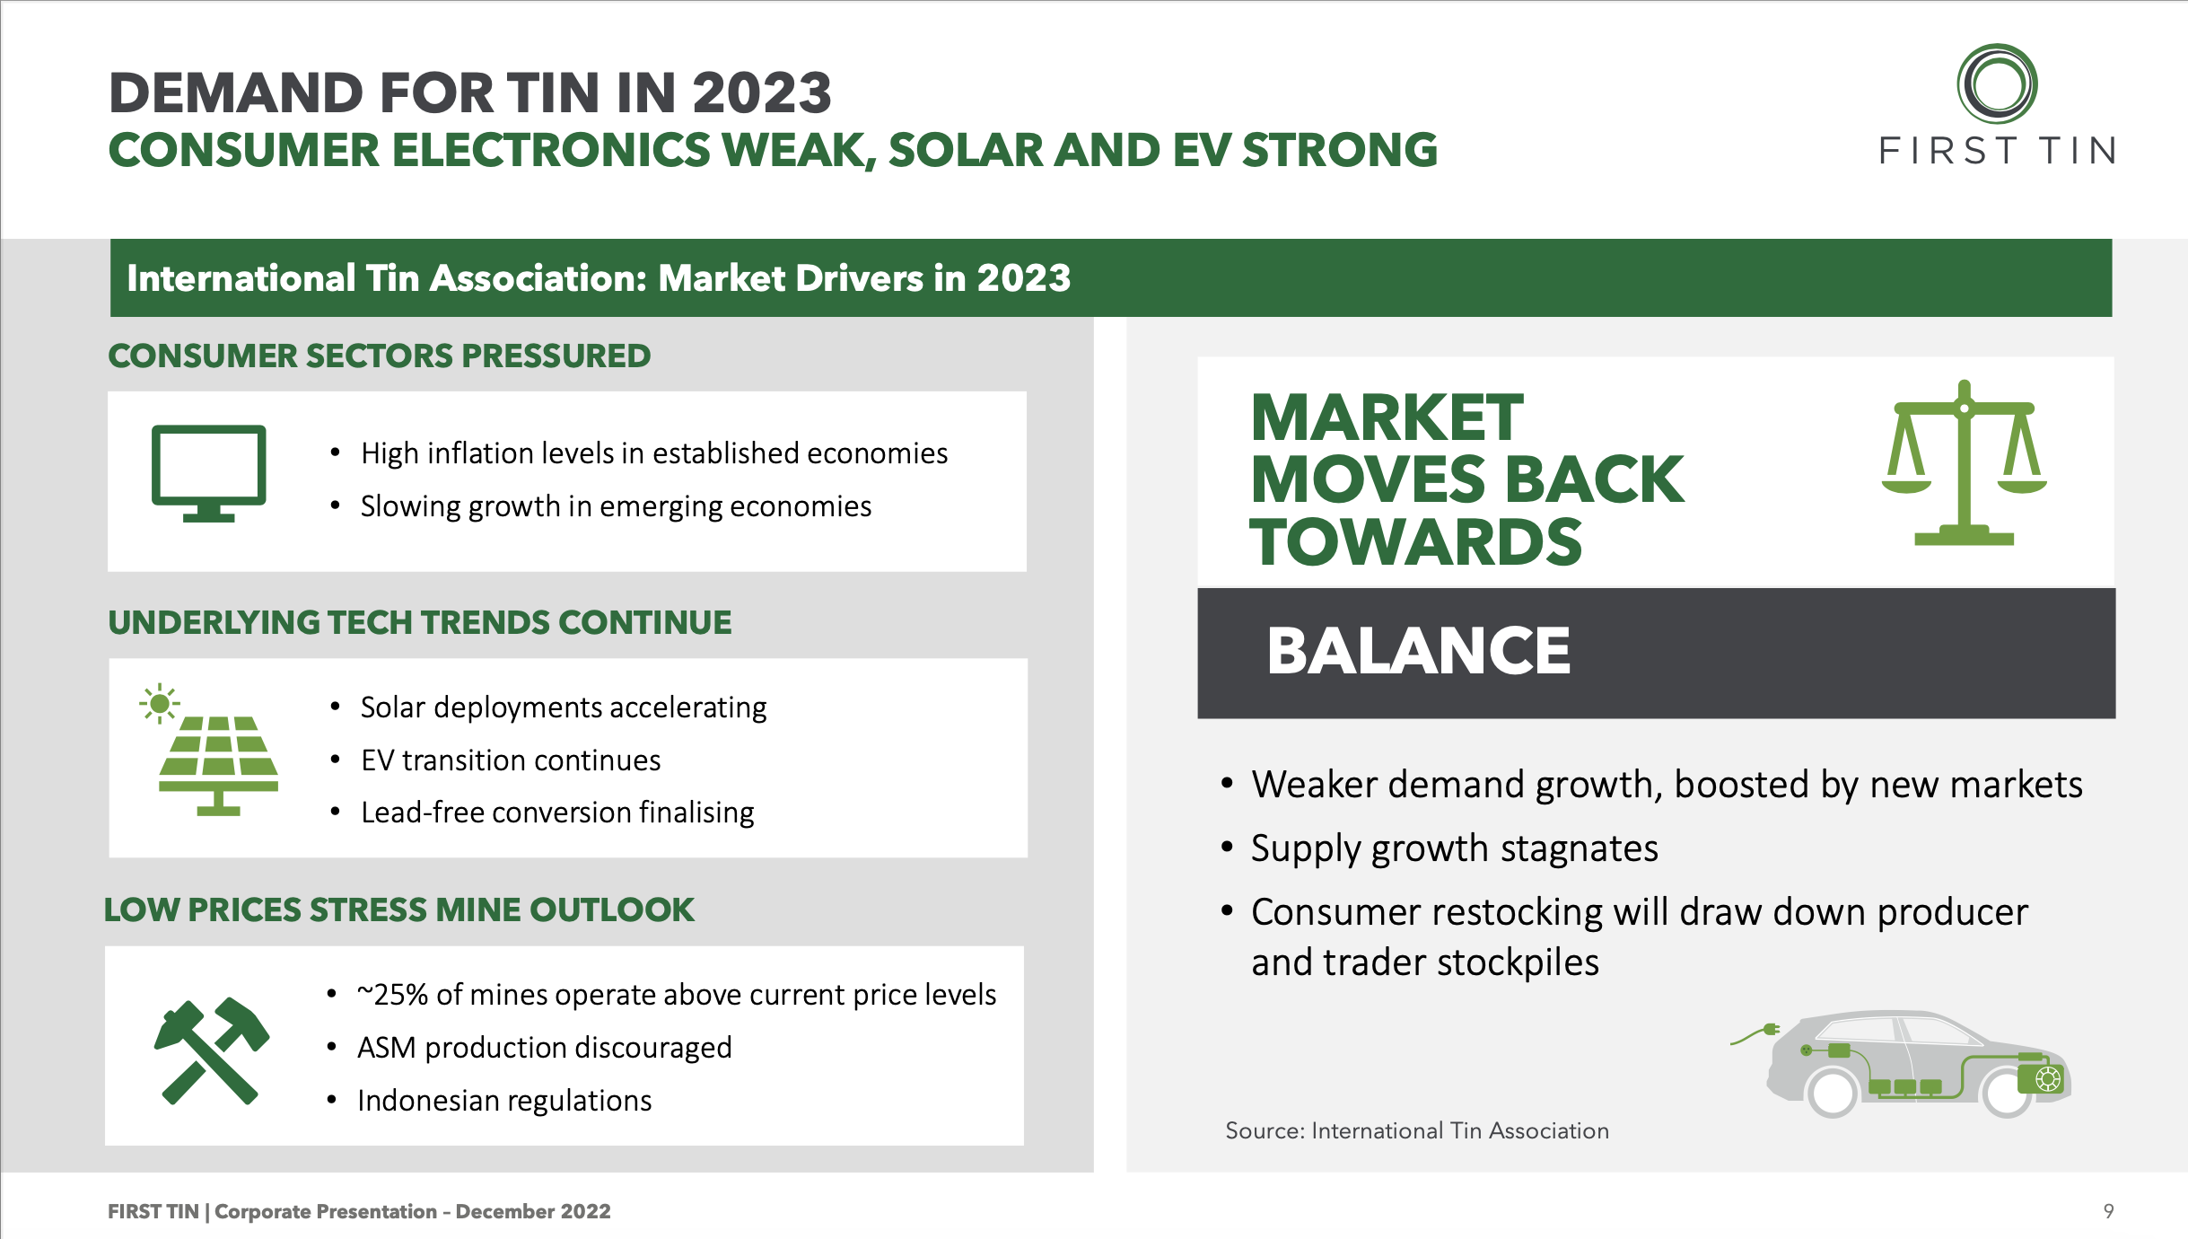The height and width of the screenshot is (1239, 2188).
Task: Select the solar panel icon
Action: [x=211, y=750]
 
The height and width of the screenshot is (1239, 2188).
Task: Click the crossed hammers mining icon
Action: [x=212, y=1050]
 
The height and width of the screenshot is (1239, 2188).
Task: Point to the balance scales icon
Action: [x=1965, y=462]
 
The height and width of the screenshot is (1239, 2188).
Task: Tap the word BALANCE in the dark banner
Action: [x=1419, y=651]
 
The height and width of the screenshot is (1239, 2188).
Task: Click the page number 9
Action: [x=2108, y=1211]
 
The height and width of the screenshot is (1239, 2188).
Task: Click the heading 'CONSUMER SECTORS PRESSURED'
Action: [x=379, y=356]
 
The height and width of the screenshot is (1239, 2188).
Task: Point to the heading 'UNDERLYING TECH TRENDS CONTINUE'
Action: [x=420, y=622]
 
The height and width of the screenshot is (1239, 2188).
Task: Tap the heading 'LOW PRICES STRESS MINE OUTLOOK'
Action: [x=399, y=909]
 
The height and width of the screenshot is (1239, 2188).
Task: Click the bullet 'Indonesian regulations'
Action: [x=504, y=1101]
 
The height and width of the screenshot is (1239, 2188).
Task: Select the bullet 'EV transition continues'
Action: [x=511, y=760]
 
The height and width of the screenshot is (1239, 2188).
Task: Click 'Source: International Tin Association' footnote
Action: [x=1417, y=1130]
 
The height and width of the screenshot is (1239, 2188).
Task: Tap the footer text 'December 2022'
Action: [x=533, y=1211]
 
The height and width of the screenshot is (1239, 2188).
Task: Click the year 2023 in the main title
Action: [x=762, y=93]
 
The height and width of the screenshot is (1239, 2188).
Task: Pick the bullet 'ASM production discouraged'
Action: [x=545, y=1048]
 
